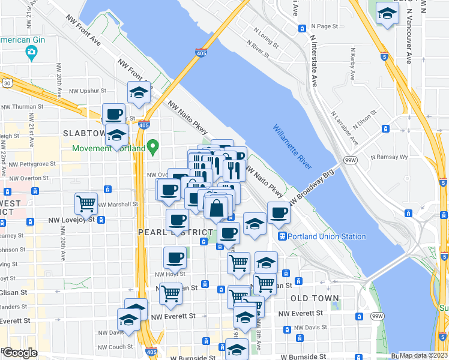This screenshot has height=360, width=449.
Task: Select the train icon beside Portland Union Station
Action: tap(282, 236)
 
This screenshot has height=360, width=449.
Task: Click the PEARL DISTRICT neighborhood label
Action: tap(175, 232)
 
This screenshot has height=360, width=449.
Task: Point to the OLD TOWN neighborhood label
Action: tap(315, 298)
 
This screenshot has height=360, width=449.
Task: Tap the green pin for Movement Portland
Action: tap(153, 145)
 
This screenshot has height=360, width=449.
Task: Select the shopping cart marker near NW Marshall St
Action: tap(86, 203)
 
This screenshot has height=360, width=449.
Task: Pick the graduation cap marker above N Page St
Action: tap(387, 13)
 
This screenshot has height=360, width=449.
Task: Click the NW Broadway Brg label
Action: tap(312, 188)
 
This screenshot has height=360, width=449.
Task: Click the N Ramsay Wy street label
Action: tap(389, 157)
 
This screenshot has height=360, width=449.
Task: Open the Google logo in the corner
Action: tap(20, 353)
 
